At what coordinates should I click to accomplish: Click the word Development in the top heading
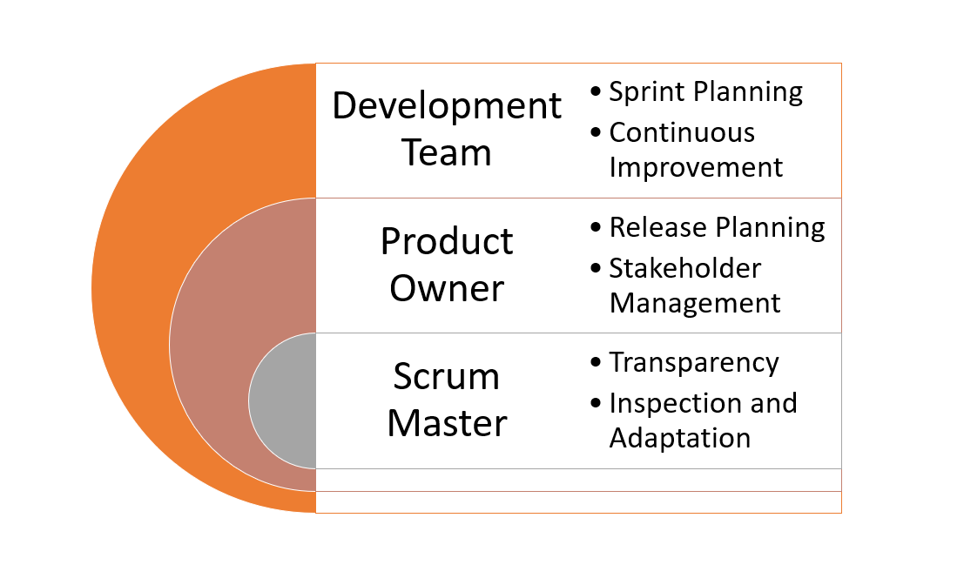click(x=447, y=106)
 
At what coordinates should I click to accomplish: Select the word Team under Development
click(x=447, y=152)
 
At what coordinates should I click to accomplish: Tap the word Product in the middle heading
click(x=447, y=241)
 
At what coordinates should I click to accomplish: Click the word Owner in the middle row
click(x=447, y=288)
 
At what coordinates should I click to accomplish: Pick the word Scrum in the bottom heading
click(x=447, y=377)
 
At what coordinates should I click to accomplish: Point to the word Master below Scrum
click(x=447, y=423)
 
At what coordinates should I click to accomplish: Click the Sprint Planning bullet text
click(x=705, y=91)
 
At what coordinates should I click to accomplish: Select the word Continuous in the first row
click(x=682, y=132)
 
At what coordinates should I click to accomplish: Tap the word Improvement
click(x=696, y=166)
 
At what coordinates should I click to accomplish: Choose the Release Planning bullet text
click(x=717, y=227)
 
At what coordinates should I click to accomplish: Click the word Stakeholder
click(x=684, y=268)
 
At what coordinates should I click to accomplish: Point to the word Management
click(x=695, y=302)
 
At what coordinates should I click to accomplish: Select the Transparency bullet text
click(x=694, y=362)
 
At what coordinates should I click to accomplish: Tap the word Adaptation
click(x=679, y=437)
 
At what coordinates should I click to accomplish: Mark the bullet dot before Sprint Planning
click(x=596, y=92)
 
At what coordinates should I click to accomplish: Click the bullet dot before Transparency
click(x=596, y=363)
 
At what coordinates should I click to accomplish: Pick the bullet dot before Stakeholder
click(x=596, y=269)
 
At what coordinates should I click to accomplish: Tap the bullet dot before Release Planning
click(x=596, y=228)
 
